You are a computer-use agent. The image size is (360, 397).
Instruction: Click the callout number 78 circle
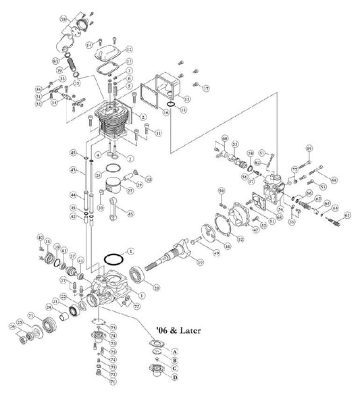pos(63,21)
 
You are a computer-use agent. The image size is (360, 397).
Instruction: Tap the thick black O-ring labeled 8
pos(115,259)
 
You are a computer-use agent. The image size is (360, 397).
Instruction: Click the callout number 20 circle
pos(157,288)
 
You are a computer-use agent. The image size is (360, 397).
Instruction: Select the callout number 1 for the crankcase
pos(142,295)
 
